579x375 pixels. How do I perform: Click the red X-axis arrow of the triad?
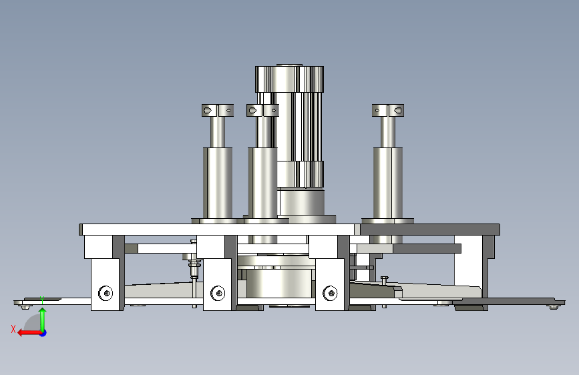coord(29,333)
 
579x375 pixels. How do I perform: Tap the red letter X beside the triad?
coord(13,329)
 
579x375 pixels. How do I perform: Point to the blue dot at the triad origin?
coord(43,333)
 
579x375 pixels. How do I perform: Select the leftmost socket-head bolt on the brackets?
coord(106,293)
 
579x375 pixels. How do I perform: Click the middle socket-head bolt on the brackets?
coord(218,293)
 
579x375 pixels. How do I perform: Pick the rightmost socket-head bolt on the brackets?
coord(330,293)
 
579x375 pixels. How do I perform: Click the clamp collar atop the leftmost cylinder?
coord(218,110)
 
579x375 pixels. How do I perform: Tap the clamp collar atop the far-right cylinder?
coord(388,110)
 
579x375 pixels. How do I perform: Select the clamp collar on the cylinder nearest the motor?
coord(262,110)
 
